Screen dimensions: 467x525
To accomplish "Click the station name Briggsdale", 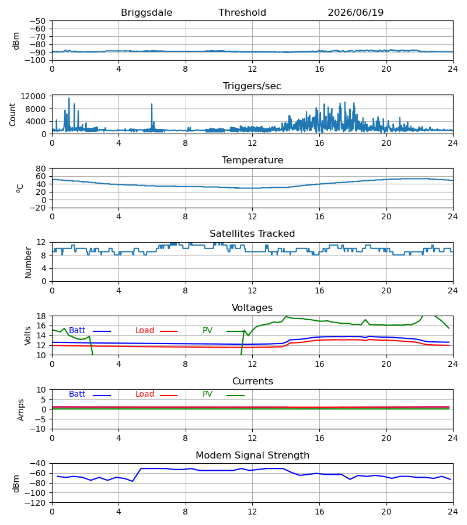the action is coord(147,13).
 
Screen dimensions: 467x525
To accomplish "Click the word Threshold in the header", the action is coord(242,13).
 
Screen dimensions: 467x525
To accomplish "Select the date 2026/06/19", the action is coord(356,13).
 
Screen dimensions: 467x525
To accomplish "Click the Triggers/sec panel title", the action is coord(252,86).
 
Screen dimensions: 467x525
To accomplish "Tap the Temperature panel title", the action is coord(252,160).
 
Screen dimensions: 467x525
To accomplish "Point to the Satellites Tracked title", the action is coord(252,234).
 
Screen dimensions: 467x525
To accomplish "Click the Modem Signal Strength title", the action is coord(252,456).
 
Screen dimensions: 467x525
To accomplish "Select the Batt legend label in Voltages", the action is coord(77,331).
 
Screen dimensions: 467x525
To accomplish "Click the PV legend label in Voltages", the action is coord(207,331).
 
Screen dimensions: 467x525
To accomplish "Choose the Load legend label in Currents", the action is coord(145,394).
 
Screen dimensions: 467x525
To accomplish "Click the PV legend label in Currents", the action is coord(207,394).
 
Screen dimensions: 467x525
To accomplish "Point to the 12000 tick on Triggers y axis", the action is coord(33,96).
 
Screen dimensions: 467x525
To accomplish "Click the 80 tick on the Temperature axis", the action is coord(41,169).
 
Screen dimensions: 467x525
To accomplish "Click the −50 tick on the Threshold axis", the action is coord(37,21).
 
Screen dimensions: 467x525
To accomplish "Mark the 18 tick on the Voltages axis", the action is coord(41,316).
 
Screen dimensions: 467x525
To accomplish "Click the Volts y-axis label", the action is coord(27,335).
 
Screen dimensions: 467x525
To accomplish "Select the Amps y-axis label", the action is coord(21,409).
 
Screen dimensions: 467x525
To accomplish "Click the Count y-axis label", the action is coord(12,114).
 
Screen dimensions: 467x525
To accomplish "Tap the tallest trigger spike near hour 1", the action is coord(69,98).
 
